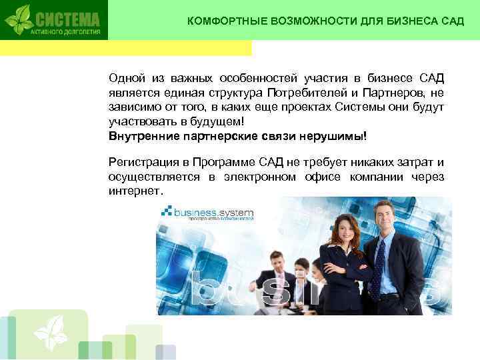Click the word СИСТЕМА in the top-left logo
click(66, 17)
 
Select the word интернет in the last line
click(133, 191)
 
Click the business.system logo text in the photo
click(213, 212)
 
